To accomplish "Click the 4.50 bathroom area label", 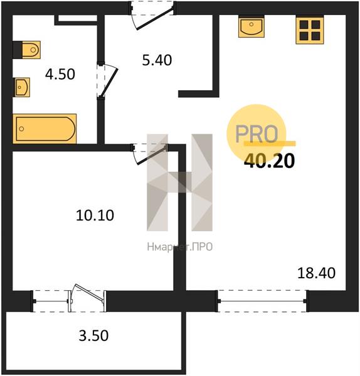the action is (x=60, y=74).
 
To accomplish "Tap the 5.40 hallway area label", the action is (x=157, y=60).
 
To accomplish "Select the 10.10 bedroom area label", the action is (x=95, y=215).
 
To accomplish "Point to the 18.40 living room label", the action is (x=316, y=273).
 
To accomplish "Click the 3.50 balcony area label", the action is (x=93, y=335).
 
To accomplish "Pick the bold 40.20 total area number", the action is (x=269, y=161).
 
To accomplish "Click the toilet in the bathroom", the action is (x=26, y=50).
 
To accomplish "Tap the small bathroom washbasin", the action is (x=21, y=87).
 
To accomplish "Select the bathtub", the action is (x=45, y=128).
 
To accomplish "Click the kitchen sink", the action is (x=251, y=26).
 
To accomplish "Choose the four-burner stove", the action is (x=310, y=29).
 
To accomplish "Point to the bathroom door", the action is (x=107, y=80).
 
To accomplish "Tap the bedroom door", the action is (x=149, y=154).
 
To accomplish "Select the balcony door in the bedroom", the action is (x=88, y=298).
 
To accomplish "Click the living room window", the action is (x=262, y=301).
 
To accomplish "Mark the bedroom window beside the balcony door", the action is (x=51, y=301).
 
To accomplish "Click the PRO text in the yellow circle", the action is (x=257, y=134).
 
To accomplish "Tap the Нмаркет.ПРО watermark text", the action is (x=180, y=247).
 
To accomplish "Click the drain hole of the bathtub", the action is (x=21, y=128).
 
